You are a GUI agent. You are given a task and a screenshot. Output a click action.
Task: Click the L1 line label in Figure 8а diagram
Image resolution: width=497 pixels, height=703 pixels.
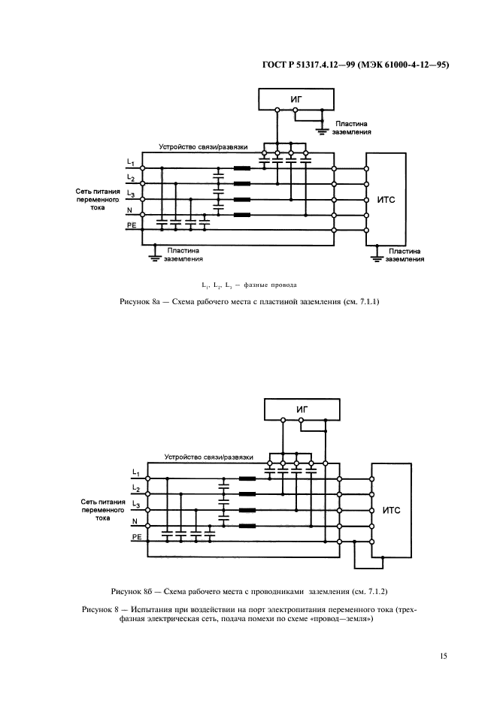[x=130, y=162]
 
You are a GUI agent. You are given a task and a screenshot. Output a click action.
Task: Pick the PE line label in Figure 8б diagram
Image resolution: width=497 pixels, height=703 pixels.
[x=137, y=537]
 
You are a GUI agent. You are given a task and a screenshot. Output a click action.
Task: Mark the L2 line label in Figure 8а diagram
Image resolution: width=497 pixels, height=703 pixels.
[x=130, y=177]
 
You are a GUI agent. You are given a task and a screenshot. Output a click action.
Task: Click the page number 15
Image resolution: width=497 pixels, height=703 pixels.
[x=444, y=656]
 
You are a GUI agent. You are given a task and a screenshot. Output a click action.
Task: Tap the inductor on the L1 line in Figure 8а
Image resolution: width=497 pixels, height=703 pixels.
[x=242, y=167]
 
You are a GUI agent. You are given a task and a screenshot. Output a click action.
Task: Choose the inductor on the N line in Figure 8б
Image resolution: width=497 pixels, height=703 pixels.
[x=247, y=526]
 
